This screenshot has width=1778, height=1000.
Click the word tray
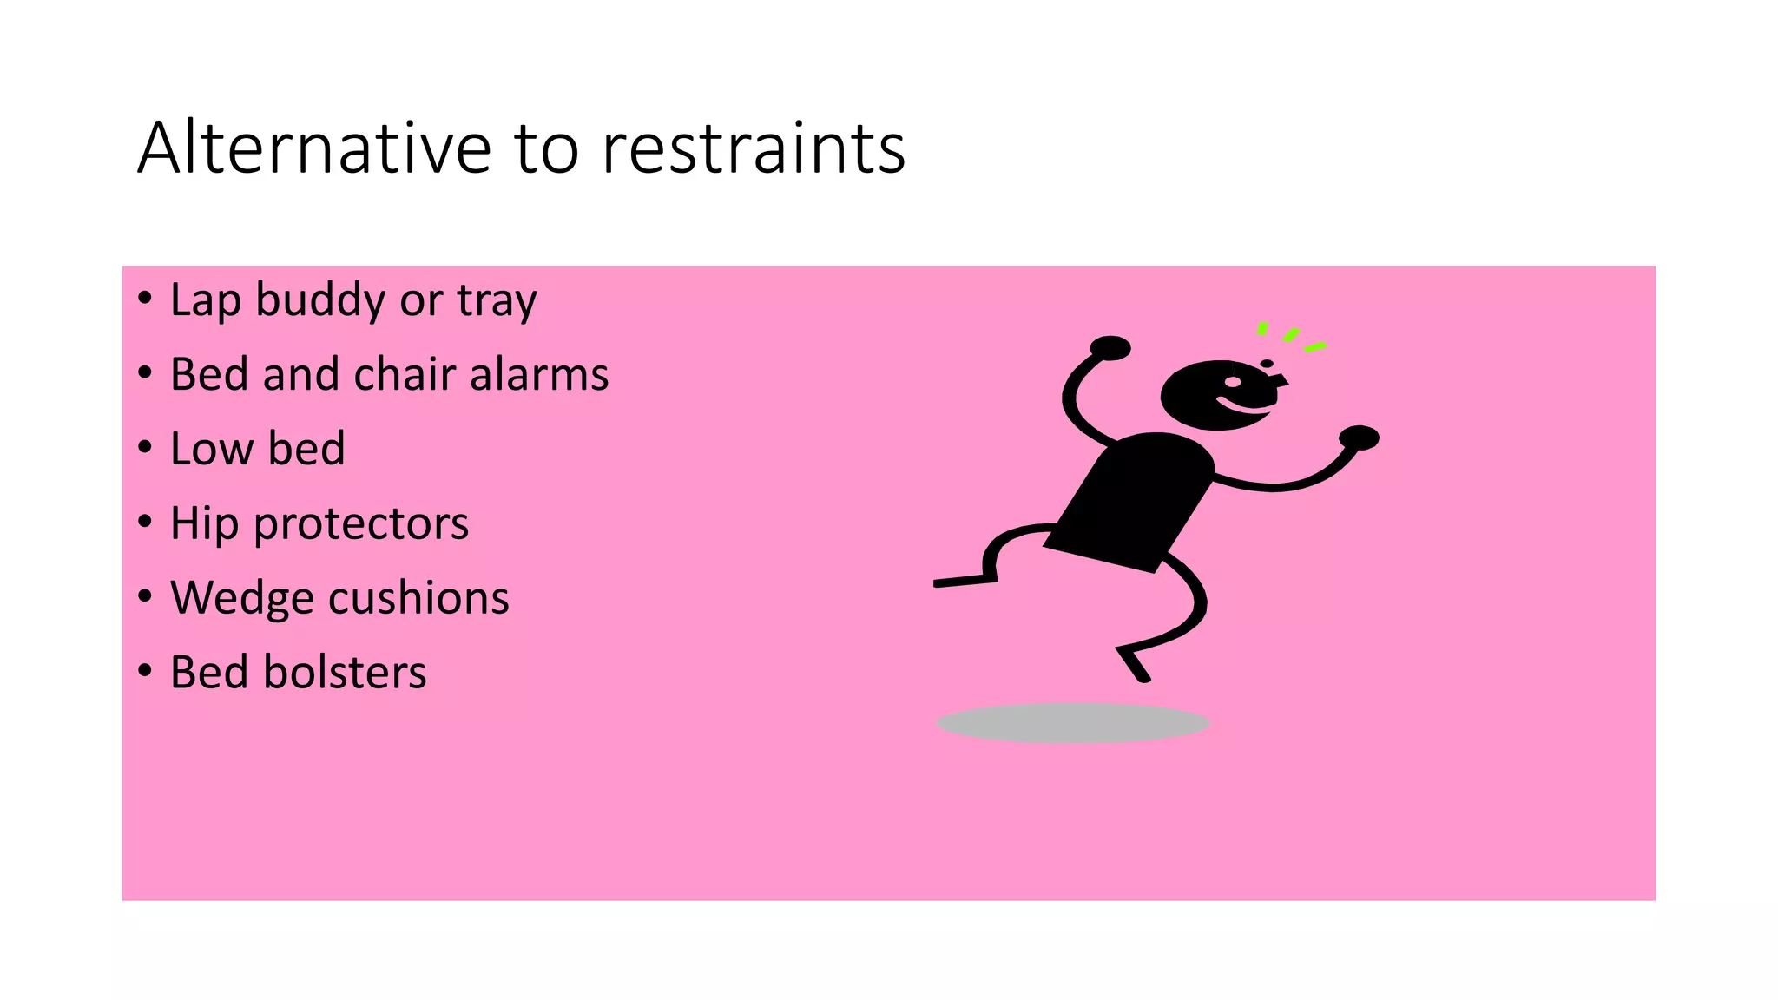(x=497, y=301)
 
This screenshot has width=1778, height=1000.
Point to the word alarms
(x=539, y=374)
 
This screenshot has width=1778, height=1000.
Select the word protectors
(x=361, y=524)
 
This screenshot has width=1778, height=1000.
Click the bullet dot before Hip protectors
(x=145, y=521)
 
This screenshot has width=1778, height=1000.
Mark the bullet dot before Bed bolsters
(x=145, y=670)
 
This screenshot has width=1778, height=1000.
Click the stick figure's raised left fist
(x=1110, y=348)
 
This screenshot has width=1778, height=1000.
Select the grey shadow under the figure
(x=1073, y=723)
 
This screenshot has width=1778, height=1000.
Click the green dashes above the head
(x=1291, y=337)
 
